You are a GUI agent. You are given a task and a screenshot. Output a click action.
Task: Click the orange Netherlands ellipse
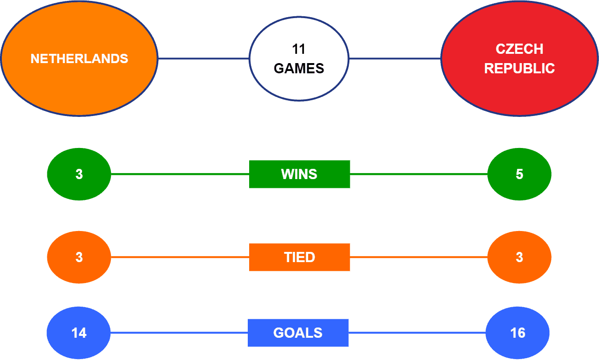pos(79,58)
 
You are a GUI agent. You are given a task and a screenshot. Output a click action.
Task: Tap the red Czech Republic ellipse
pos(519,58)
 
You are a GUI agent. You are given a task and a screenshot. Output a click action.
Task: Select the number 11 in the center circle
pos(299,49)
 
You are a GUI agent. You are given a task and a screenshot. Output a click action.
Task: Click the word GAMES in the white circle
pos(299,68)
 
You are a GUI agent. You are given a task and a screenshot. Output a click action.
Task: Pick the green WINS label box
pos(300,174)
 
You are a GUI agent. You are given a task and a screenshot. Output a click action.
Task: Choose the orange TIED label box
pos(300,257)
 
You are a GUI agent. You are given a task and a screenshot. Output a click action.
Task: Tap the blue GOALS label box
pos(298,333)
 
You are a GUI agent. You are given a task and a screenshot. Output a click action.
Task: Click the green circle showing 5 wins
pos(519,174)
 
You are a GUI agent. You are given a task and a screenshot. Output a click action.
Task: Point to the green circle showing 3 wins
pos(79,174)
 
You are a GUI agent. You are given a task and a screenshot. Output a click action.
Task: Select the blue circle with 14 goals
pos(78,333)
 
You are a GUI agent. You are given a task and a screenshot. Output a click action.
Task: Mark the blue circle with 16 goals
pos(518,333)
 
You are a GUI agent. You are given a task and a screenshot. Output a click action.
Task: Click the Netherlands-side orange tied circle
pos(79,257)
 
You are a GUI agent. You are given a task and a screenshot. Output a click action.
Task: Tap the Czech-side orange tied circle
pos(519,257)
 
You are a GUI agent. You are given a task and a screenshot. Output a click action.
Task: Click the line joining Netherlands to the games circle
pos(204,58)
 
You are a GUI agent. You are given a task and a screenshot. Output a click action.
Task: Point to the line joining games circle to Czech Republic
pos(395,58)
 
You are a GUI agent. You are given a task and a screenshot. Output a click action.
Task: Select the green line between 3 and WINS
pos(180,174)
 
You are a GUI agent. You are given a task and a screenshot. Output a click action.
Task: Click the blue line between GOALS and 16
pos(417,333)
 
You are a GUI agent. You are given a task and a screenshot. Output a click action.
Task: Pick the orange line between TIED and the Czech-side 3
pos(419,257)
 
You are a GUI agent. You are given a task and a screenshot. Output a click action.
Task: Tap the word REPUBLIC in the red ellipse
pos(519,68)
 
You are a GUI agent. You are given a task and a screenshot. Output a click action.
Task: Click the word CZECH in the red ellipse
pos(519,49)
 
